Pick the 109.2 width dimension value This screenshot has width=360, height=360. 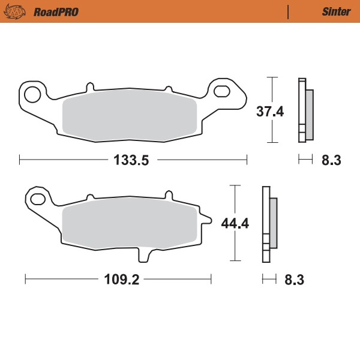pos(118,280)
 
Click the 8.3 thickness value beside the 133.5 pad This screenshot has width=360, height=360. pos(331,160)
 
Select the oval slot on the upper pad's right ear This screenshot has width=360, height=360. pos(222,91)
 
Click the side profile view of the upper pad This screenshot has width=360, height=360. pos(304,111)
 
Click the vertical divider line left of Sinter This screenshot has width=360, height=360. pos(289,11)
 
